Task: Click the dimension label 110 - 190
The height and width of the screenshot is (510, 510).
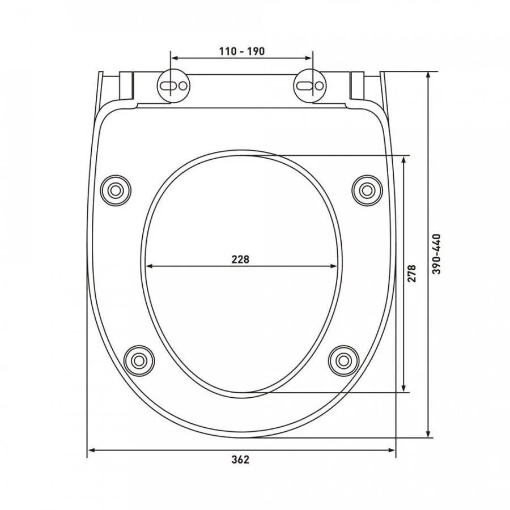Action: [241, 51]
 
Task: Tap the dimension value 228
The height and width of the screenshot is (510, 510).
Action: [240, 259]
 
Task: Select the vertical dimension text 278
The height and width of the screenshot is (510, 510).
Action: [411, 273]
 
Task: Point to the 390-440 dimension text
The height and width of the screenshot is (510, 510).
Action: [437, 254]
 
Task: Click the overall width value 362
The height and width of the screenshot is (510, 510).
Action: [240, 460]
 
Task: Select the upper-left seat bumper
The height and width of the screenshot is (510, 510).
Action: [116, 190]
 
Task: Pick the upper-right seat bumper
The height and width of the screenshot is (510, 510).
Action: [367, 190]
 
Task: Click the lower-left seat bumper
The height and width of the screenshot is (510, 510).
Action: [139, 360]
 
